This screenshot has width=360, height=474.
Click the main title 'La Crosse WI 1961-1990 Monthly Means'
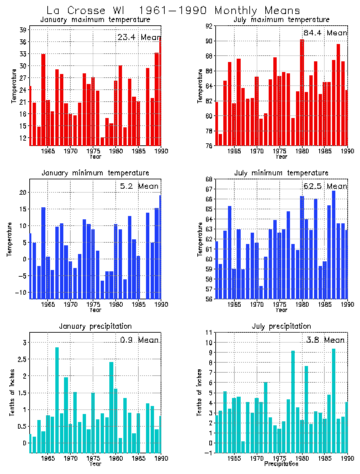[173, 11]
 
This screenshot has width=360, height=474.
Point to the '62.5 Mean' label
[325, 187]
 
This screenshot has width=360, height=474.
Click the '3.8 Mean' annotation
[325, 340]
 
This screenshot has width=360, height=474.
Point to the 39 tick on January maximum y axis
[23, 30]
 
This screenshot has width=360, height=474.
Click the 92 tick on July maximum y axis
[209, 26]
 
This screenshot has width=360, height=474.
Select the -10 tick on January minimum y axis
[21, 293]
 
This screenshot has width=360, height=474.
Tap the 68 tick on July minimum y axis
[209, 179]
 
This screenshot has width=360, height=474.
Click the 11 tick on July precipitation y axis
[209, 332]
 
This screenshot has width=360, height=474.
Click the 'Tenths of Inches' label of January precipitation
[12, 397]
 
